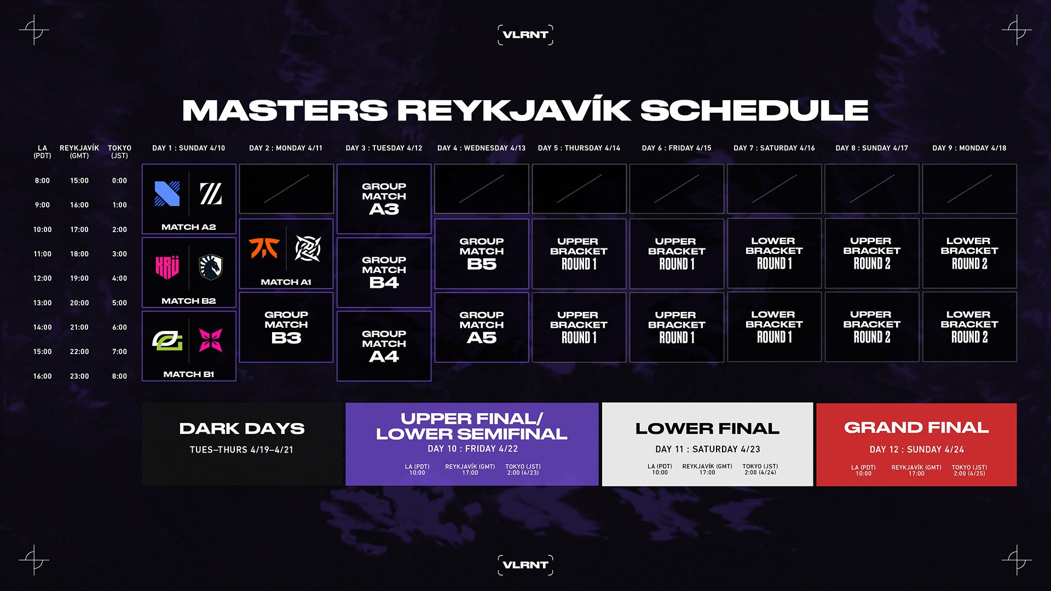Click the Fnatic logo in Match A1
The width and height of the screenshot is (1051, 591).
264,248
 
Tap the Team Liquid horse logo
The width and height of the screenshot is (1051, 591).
211,267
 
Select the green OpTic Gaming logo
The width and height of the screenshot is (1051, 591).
167,340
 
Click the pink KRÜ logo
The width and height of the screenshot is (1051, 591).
167,267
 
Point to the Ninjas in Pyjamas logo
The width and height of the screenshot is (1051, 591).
308,248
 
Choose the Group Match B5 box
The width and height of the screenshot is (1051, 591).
481,253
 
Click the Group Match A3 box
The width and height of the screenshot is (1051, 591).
384,199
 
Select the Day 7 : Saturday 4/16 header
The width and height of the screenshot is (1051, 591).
774,148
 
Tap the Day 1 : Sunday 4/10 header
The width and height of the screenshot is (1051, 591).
188,148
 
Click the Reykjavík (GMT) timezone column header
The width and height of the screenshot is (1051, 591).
79,152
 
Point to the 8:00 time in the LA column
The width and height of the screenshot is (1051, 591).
42,181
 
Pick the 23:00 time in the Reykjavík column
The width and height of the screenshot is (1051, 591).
79,376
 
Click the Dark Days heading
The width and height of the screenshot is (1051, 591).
242,428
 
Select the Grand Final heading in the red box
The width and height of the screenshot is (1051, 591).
916,427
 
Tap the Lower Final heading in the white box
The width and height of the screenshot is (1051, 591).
707,428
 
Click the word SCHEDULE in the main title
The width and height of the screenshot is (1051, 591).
754,110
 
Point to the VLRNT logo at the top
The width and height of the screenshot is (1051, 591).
525,34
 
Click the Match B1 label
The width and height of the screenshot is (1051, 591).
189,374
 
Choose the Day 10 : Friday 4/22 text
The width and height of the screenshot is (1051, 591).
472,449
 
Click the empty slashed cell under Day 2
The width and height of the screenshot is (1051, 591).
286,189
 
